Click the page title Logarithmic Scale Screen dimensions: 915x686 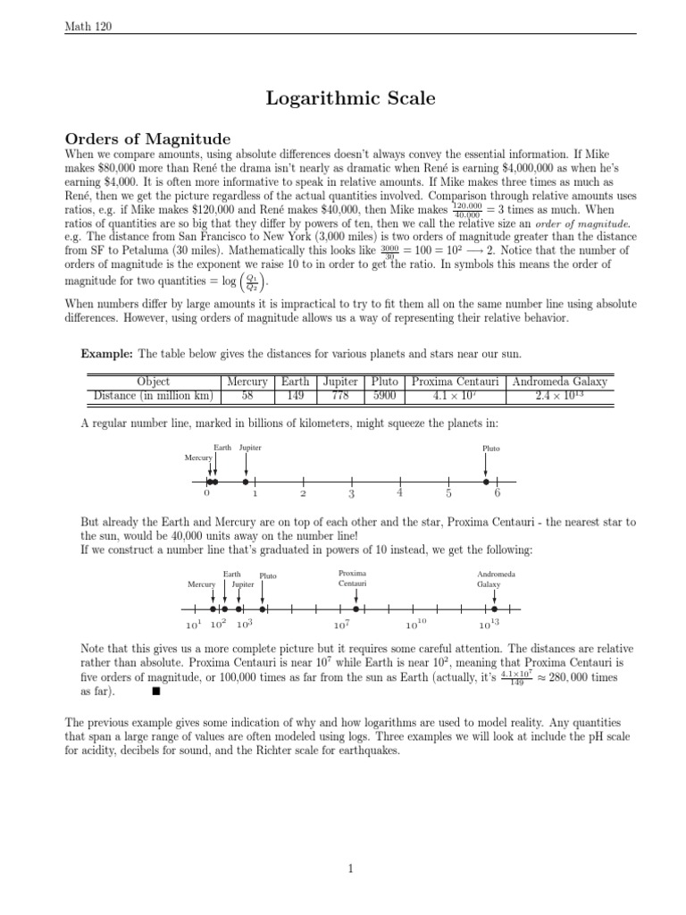(351, 99)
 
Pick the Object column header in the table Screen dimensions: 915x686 (154, 382)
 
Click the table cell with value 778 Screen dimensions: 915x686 (339, 396)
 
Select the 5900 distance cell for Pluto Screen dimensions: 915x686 (385, 396)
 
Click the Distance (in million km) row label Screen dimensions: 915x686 (154, 396)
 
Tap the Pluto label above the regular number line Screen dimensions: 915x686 (490, 449)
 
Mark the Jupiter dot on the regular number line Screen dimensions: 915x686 (246, 482)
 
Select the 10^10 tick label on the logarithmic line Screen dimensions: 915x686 (416, 625)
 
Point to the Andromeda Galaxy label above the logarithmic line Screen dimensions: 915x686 (495, 578)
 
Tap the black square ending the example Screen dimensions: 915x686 (155, 691)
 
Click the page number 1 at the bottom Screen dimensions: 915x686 (351, 868)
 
